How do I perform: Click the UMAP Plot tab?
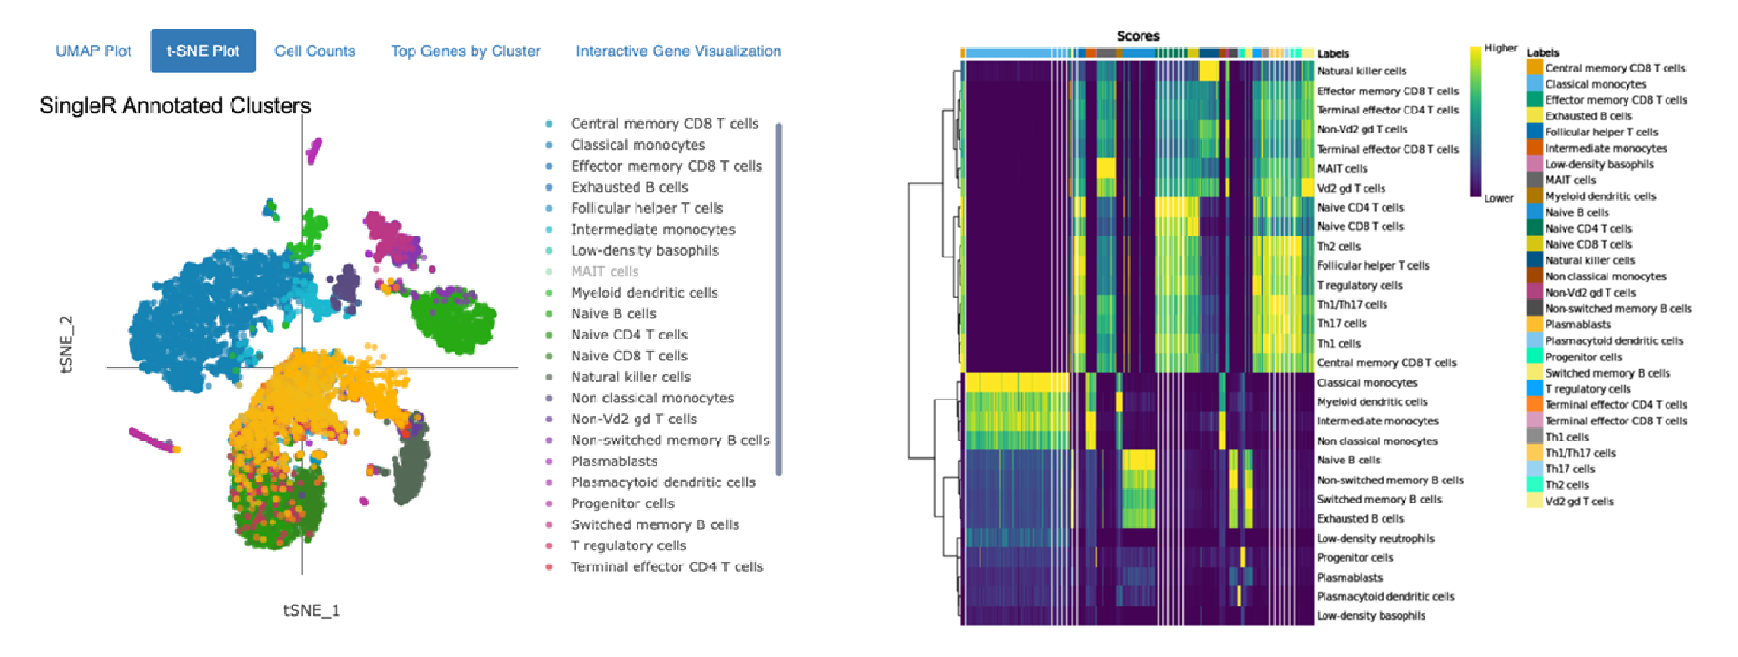pyautogui.click(x=92, y=51)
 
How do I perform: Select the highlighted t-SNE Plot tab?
pyautogui.click(x=203, y=51)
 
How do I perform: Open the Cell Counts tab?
pyautogui.click(x=314, y=51)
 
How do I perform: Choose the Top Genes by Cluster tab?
pyautogui.click(x=465, y=51)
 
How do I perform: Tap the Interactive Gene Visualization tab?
pyautogui.click(x=678, y=51)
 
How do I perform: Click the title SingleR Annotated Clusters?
pyautogui.click(x=175, y=106)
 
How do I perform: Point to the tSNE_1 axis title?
pyautogui.click(x=311, y=610)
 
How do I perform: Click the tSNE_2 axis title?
pyautogui.click(x=67, y=343)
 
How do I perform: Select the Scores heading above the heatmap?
pyautogui.click(x=1138, y=36)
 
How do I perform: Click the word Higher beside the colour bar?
pyautogui.click(x=1500, y=49)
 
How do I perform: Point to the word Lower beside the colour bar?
pyautogui.click(x=1498, y=199)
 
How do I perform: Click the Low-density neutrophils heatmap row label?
pyautogui.click(x=1375, y=539)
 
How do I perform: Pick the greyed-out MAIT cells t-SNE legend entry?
pyautogui.click(x=604, y=272)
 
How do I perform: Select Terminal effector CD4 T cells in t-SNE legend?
pyautogui.click(x=667, y=567)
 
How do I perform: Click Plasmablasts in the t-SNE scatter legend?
pyautogui.click(x=614, y=462)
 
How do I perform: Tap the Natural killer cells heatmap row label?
pyautogui.click(x=1361, y=72)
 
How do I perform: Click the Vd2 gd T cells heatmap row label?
pyautogui.click(x=1350, y=189)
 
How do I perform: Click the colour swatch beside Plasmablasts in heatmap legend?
pyautogui.click(x=1534, y=325)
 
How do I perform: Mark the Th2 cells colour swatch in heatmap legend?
pyautogui.click(x=1534, y=485)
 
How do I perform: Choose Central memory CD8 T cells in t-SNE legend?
pyautogui.click(x=664, y=124)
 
